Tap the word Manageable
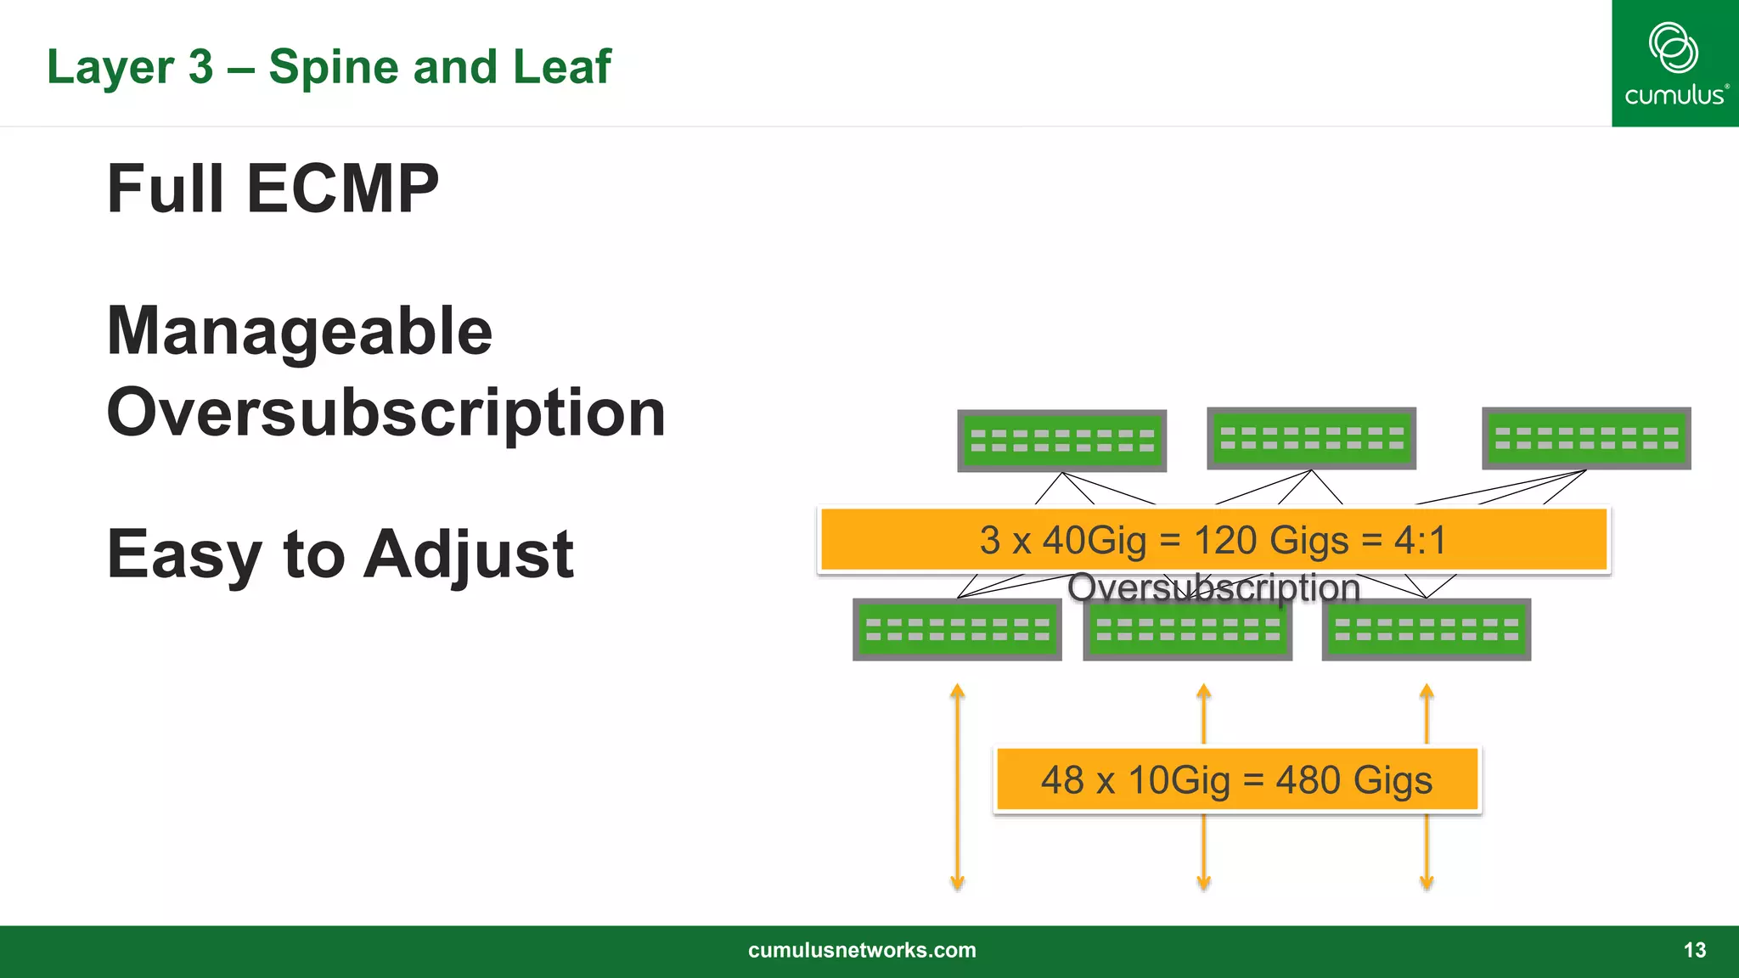pos(299,331)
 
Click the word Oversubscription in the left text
pos(386,413)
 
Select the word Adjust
pos(470,554)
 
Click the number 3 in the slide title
pos(200,67)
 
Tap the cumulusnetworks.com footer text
pos(862,950)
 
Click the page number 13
pos(1694,950)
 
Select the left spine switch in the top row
pos(1061,441)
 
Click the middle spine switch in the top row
pos(1311,438)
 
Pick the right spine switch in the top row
pos(1585,438)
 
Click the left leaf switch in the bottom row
pos(957,630)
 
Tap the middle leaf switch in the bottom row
pos(1187,630)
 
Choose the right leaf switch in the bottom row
pos(1426,630)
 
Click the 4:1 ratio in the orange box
pos(1419,540)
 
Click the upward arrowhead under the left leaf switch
pos(957,690)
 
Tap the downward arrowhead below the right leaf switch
pos(1427,883)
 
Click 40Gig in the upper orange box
pos(1094,540)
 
